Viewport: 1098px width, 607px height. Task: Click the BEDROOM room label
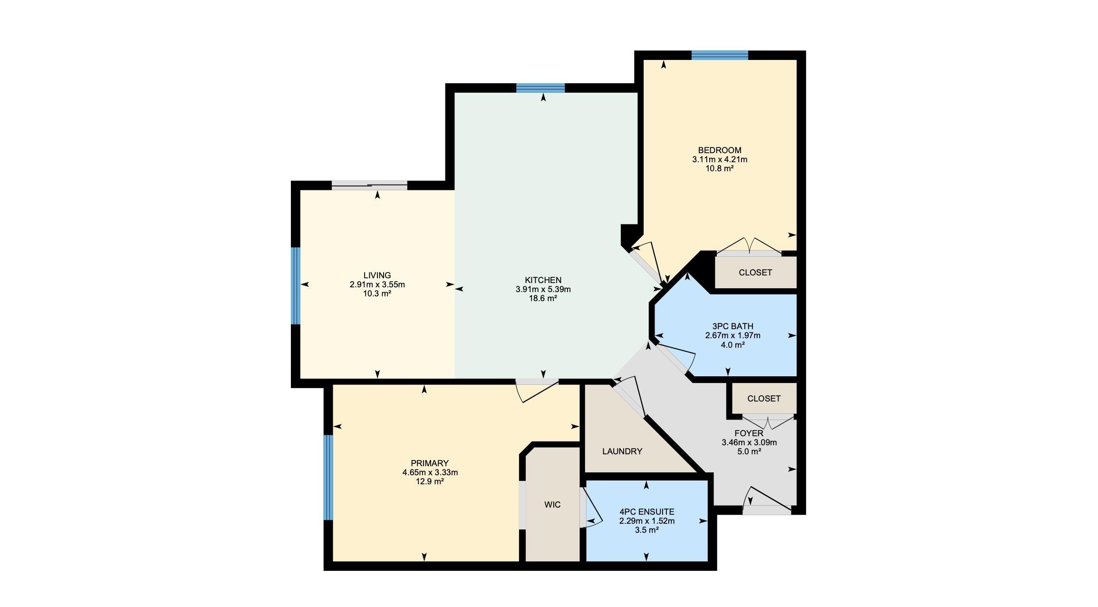(x=719, y=150)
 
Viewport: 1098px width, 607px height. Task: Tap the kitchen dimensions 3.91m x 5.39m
(x=543, y=289)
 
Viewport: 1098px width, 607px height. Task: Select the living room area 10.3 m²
(x=377, y=294)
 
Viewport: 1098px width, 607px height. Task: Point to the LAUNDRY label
(x=622, y=451)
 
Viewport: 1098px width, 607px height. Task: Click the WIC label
(x=552, y=505)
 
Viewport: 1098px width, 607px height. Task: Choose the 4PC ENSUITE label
(x=646, y=512)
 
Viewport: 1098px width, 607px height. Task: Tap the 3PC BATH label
(x=732, y=326)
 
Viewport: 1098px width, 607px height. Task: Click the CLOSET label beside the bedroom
(x=755, y=273)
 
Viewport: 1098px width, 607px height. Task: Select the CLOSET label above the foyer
(x=764, y=399)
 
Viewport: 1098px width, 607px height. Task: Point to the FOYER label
(x=749, y=433)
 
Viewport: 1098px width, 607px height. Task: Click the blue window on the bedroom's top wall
(x=720, y=55)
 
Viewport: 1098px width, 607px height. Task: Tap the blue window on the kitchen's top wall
(x=540, y=88)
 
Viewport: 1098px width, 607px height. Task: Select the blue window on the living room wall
(x=296, y=286)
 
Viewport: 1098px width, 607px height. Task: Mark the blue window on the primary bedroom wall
(x=328, y=478)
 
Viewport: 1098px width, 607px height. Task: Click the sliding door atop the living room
(x=369, y=186)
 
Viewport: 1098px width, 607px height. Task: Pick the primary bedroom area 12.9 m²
(x=430, y=481)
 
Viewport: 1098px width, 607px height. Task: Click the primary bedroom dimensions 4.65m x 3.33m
(x=430, y=472)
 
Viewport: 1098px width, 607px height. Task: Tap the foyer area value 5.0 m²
(x=749, y=451)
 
